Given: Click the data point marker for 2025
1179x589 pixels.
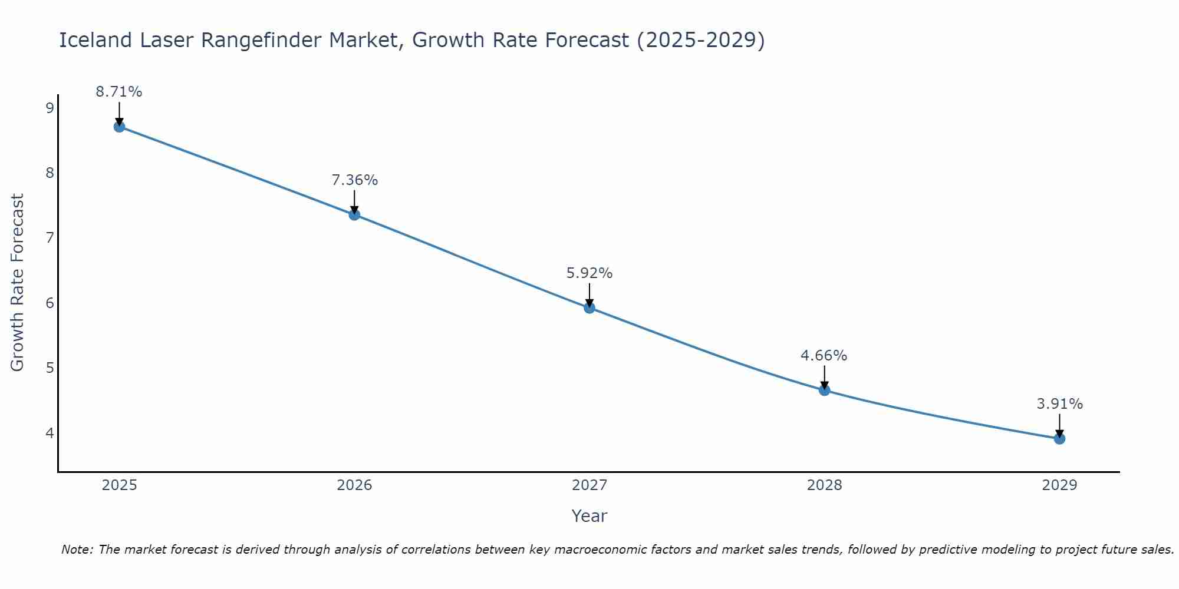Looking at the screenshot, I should point(119,127).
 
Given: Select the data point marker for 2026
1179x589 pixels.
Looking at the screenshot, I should point(354,214).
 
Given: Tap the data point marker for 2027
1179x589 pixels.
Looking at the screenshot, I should point(589,307).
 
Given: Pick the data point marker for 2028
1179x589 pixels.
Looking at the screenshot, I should point(824,390).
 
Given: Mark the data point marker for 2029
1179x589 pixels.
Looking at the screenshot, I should point(1059,438).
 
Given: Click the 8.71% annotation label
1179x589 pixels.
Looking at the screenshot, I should point(119,92).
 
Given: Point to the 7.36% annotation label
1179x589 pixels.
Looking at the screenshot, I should point(354,180).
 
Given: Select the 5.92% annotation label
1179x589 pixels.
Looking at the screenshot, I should point(589,273).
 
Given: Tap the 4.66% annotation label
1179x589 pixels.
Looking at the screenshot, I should point(824,356).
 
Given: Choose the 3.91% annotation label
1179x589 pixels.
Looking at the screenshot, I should point(1059,404).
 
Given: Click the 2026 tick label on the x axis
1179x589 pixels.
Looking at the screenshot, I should point(354,485).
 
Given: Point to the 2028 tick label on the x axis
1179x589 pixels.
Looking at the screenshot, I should point(824,485).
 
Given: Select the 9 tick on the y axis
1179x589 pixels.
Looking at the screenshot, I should point(50,108).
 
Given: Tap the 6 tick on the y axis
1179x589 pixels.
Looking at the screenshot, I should point(50,303).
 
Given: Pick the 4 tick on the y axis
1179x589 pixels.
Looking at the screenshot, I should point(50,433).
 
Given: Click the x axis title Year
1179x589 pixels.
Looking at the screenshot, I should point(589,516).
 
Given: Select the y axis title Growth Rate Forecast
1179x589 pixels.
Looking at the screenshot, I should point(18,283).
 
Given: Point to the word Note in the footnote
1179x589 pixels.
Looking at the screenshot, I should point(77,550).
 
